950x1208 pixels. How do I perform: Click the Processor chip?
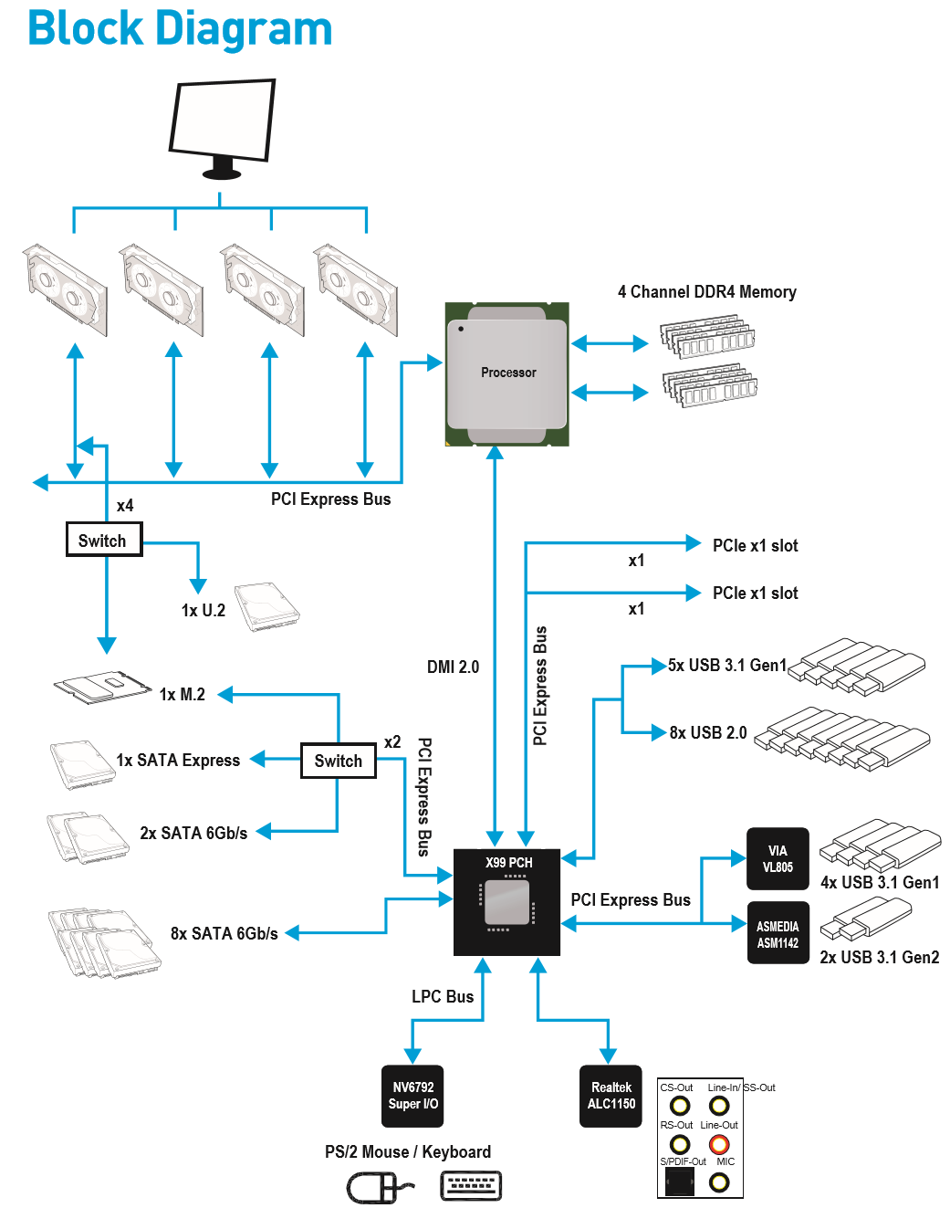[507, 373]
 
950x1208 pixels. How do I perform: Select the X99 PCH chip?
[507, 902]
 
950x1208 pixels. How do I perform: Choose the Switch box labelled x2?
[338, 761]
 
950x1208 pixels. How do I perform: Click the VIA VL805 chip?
[778, 859]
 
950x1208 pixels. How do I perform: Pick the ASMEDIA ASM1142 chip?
[778, 934]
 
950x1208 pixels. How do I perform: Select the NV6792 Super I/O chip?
[412, 1096]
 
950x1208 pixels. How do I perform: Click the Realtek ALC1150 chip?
[611, 1096]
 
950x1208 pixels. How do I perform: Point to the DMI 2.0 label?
[453, 667]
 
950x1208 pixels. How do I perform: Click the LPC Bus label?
[443, 997]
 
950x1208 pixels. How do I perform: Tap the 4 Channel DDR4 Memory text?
[706, 292]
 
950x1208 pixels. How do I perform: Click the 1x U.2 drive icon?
[266, 606]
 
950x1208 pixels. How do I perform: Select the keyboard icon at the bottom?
[471, 1185]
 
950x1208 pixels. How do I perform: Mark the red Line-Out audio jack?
[719, 1144]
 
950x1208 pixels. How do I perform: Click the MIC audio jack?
[719, 1182]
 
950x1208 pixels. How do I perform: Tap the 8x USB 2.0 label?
[707, 733]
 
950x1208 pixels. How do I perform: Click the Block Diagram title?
[180, 28]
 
